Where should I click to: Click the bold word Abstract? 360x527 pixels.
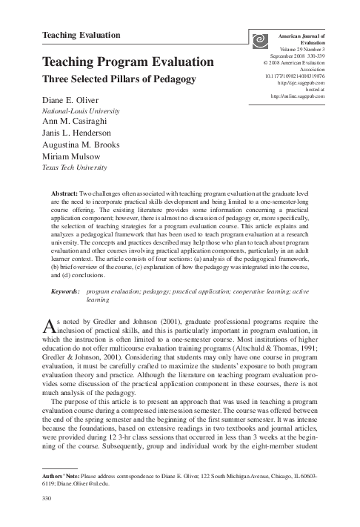[x=64, y=190]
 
